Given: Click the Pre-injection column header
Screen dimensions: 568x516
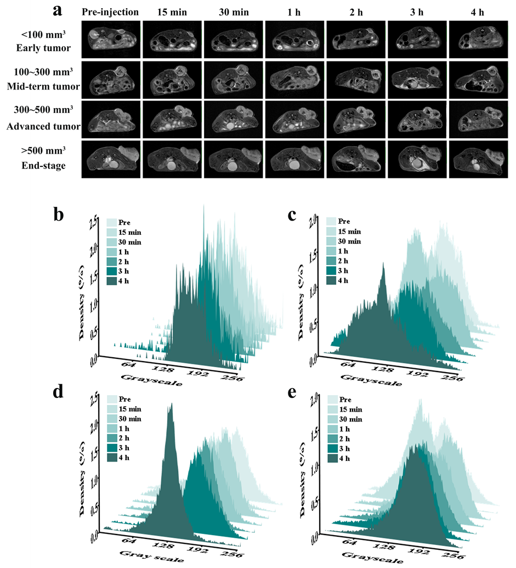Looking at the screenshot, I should point(110,12).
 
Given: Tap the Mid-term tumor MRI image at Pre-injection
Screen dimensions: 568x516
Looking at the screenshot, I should point(111,80).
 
